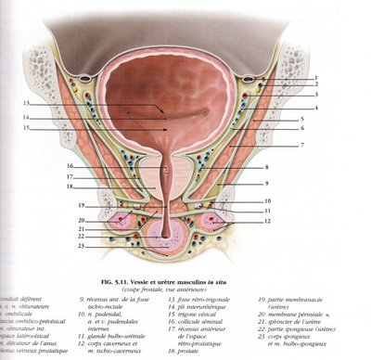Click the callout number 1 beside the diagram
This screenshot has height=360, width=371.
click(315, 78)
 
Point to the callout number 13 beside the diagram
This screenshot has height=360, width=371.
click(28, 103)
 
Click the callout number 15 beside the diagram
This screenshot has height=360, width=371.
click(28, 128)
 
